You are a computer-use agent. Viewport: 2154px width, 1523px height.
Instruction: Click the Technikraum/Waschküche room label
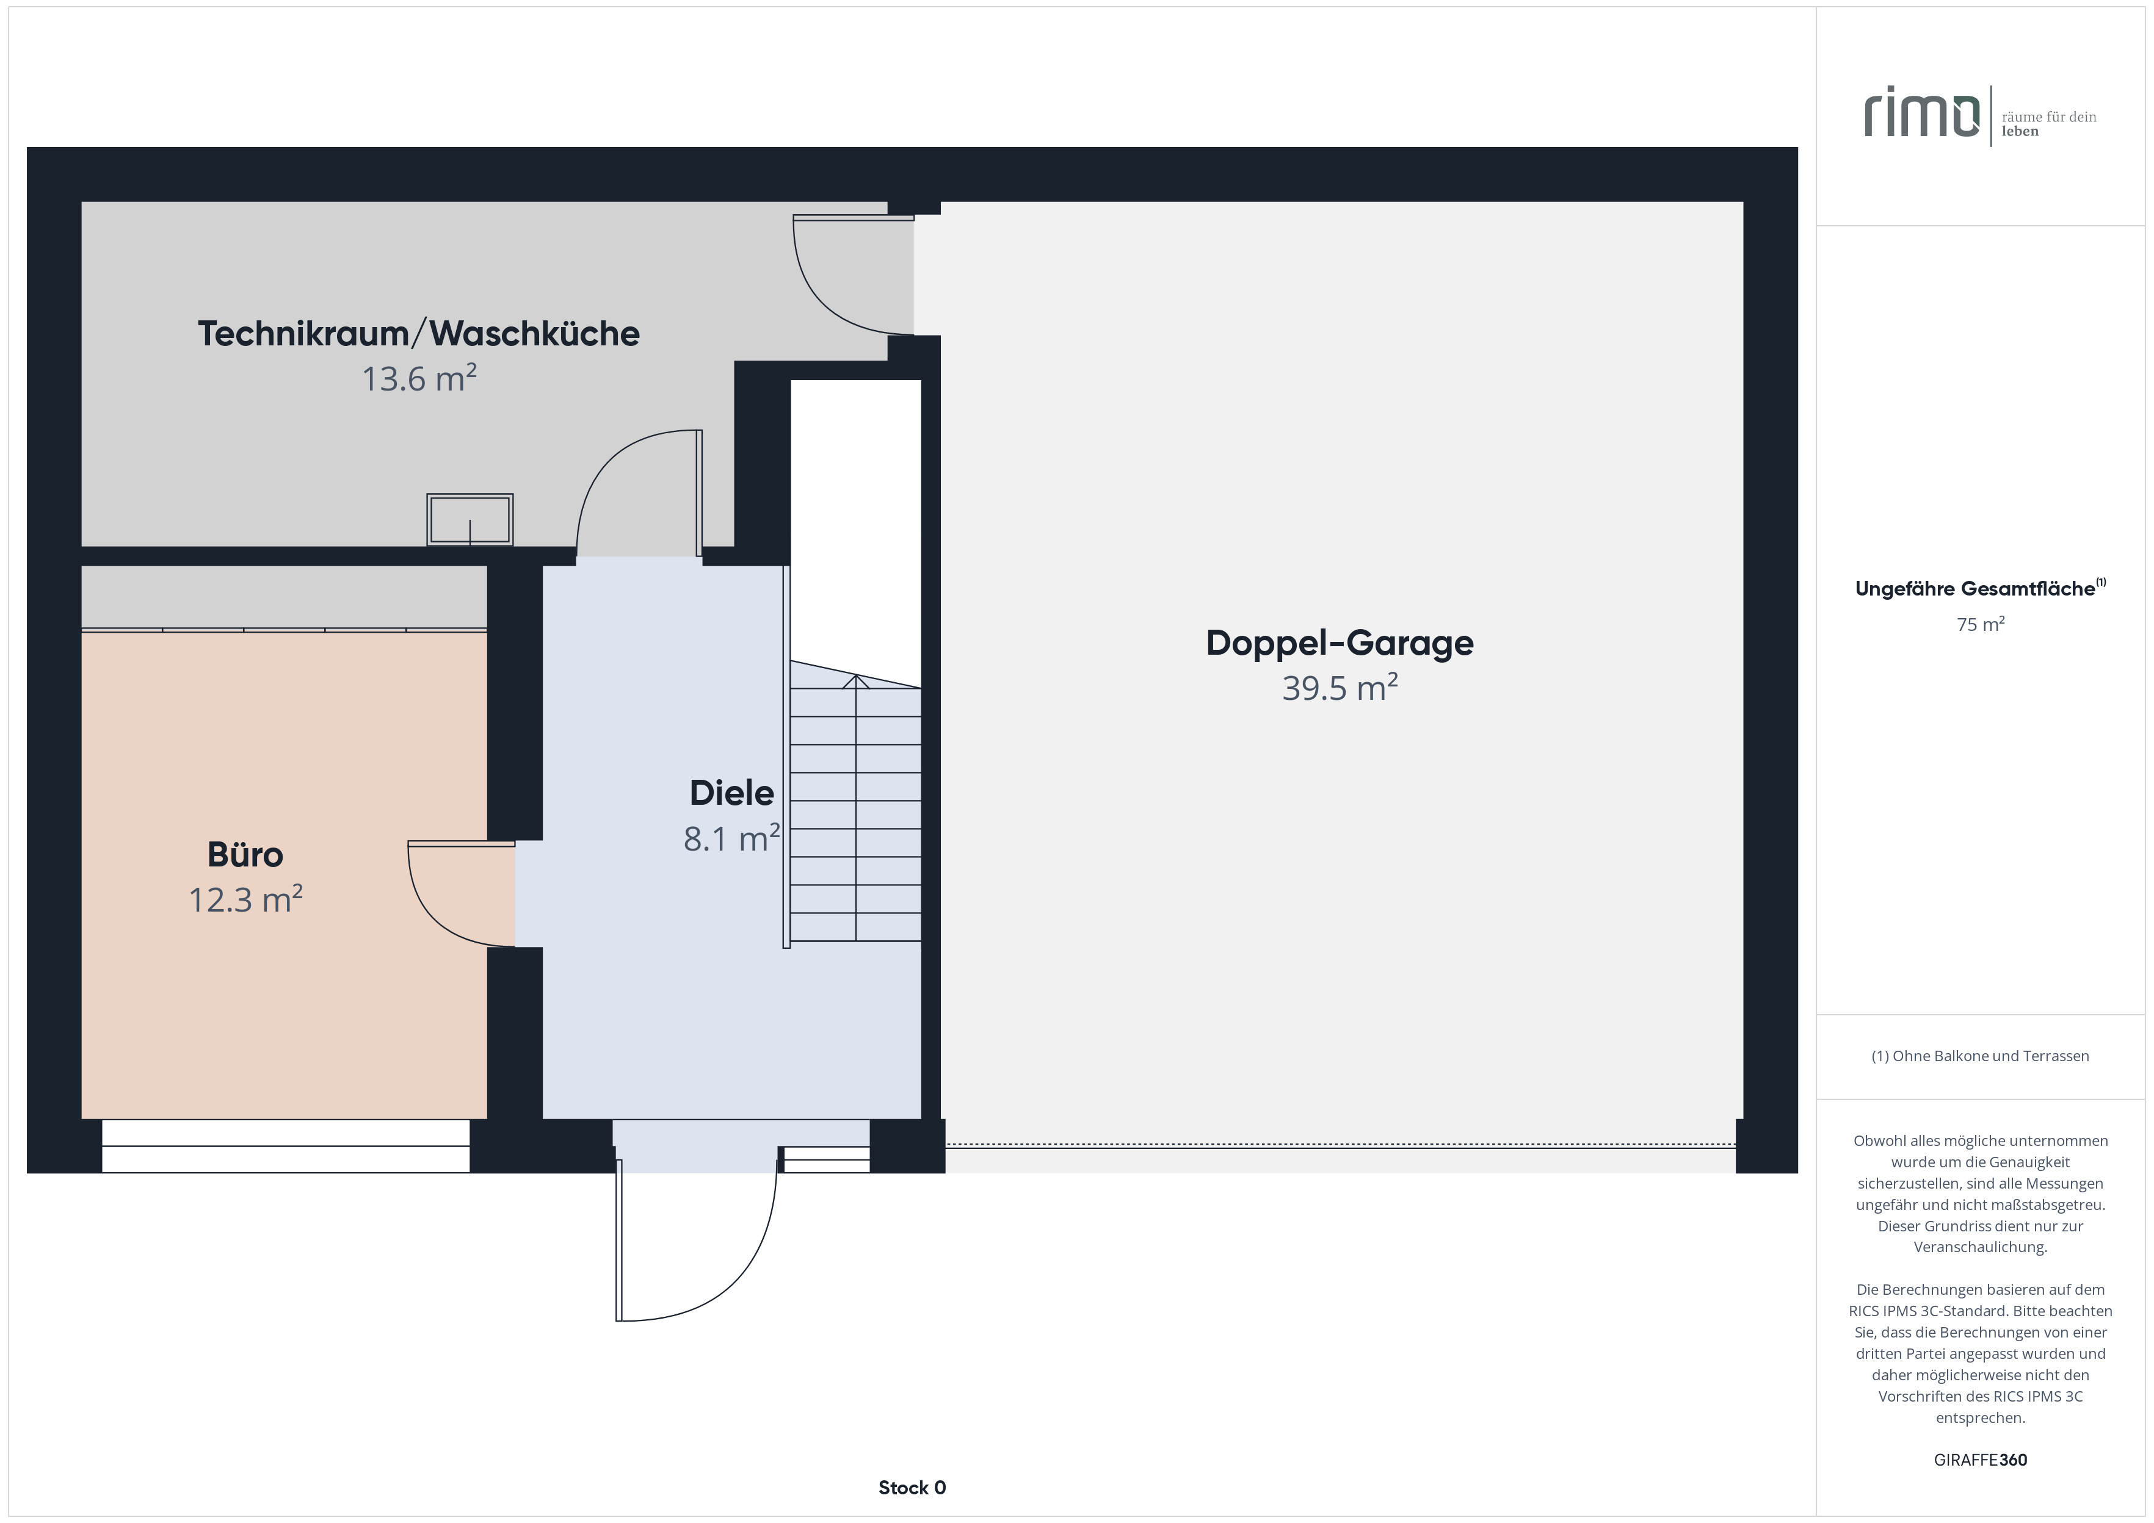418,334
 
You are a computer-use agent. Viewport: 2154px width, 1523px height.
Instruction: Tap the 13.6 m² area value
419,378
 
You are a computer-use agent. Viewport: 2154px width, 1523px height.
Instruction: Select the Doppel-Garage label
1340,643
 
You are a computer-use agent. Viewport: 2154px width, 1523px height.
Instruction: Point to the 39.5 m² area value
1340,688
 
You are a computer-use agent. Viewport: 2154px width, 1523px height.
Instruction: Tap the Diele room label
732,793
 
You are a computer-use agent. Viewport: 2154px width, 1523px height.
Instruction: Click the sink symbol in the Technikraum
470,519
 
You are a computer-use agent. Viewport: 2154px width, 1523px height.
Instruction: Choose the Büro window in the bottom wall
285,1146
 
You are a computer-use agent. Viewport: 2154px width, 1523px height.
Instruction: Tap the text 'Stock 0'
912,1488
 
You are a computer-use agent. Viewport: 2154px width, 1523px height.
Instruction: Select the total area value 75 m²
1981,625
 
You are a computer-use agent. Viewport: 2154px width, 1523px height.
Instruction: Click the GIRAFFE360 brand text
1981,1460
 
